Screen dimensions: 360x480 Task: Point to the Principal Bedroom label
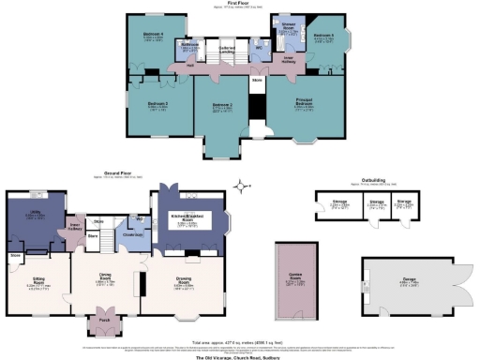click(x=306, y=104)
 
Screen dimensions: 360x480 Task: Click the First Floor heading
click(x=241, y=4)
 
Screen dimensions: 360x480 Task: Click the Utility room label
click(x=35, y=215)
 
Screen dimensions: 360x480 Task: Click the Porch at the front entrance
click(x=99, y=328)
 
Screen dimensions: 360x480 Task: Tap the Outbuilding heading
click(x=368, y=183)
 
